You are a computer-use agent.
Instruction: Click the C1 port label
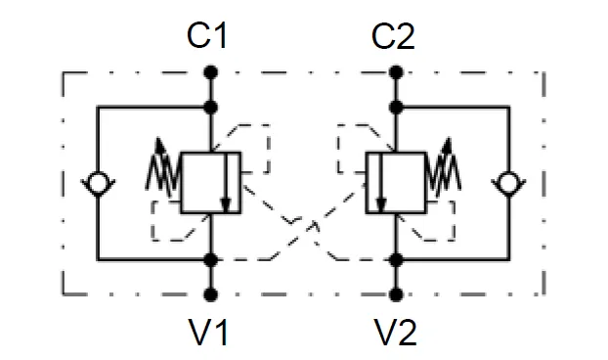pos(208,37)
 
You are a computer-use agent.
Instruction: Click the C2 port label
pos(395,37)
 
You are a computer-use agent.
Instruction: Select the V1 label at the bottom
pos(208,334)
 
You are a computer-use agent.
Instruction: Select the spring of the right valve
pos(442,168)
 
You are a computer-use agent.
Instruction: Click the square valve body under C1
pos(210,182)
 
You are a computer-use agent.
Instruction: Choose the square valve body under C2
pos(395,182)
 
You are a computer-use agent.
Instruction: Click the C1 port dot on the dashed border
pos(209,72)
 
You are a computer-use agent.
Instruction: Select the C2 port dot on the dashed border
pos(396,72)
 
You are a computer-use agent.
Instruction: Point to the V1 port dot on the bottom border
pos(209,293)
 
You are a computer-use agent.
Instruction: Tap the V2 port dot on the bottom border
pos(396,293)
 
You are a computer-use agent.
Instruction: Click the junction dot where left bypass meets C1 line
pos(209,107)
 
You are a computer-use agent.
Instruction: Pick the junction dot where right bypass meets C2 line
pos(396,107)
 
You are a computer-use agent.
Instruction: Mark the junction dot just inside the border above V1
pos(209,259)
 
